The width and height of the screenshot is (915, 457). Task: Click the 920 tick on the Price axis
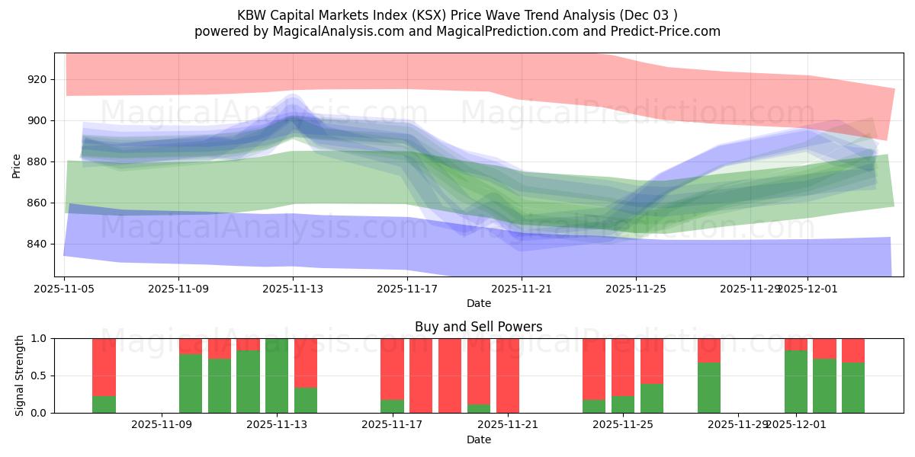(x=37, y=79)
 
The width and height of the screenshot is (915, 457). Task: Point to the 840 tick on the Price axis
(x=37, y=244)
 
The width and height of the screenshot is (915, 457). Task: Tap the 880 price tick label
(x=37, y=161)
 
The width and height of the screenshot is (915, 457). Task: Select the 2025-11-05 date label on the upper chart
(x=65, y=289)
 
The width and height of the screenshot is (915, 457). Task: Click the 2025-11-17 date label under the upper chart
(x=407, y=289)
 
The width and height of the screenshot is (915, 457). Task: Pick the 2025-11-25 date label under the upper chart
(x=636, y=289)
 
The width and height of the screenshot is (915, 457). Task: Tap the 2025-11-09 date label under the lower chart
(x=162, y=425)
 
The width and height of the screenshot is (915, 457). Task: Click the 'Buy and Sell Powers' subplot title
(x=478, y=327)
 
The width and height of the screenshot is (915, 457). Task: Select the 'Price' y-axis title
(x=17, y=165)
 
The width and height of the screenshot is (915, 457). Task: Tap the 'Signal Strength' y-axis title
(x=20, y=376)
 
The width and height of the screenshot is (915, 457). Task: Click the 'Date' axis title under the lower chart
(x=478, y=439)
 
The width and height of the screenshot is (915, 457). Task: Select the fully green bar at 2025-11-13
(x=277, y=376)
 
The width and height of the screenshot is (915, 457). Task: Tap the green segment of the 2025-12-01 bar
(x=796, y=382)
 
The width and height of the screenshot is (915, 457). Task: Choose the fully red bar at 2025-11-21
(x=508, y=376)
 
